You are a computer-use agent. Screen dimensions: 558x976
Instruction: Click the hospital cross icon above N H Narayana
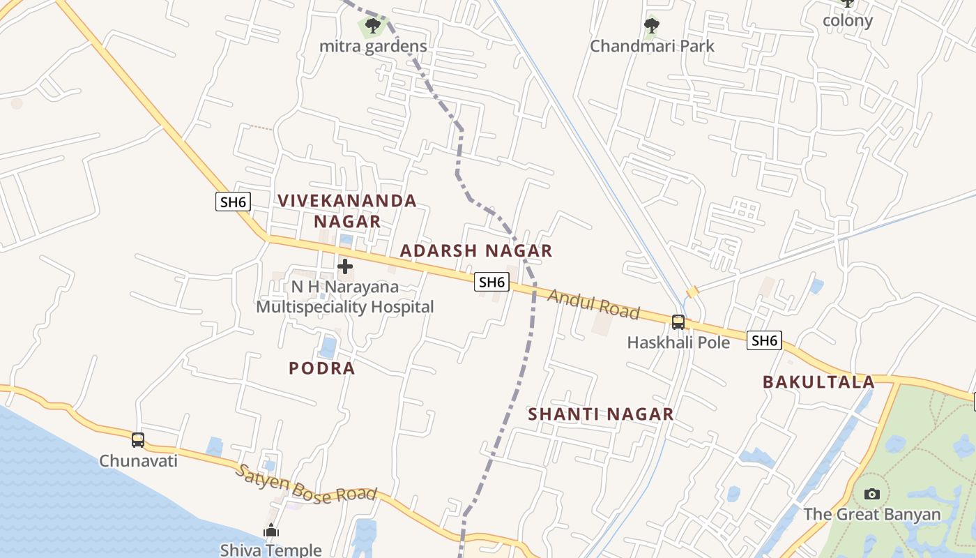[x=345, y=266]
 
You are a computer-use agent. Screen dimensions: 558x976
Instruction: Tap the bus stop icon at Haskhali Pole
[x=678, y=322]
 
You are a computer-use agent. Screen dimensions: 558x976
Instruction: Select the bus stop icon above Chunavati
[x=138, y=439]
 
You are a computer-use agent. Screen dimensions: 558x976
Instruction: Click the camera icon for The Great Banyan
[x=871, y=494]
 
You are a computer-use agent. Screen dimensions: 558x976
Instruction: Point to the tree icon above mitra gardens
[x=373, y=27]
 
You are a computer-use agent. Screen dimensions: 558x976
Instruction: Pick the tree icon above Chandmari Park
[x=652, y=27]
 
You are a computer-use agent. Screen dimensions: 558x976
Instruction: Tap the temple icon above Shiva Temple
[x=271, y=530]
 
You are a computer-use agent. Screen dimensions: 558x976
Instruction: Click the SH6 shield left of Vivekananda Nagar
[x=232, y=202]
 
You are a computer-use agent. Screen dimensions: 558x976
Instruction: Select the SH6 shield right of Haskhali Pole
[x=764, y=340]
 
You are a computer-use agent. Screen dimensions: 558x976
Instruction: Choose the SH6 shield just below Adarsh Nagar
[x=491, y=282]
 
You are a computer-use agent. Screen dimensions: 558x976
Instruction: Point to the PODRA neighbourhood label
[x=322, y=368]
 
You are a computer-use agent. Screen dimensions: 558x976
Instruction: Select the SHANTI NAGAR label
[x=600, y=414]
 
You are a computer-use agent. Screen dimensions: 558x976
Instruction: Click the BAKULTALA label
[x=818, y=382]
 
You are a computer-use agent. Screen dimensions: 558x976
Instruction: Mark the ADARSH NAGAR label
[x=476, y=251]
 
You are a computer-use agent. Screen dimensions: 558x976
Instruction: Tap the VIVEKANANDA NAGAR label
[x=347, y=211]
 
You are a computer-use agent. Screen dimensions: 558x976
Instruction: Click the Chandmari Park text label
[x=652, y=46]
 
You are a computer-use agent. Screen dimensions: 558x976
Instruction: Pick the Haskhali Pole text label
[x=678, y=342]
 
